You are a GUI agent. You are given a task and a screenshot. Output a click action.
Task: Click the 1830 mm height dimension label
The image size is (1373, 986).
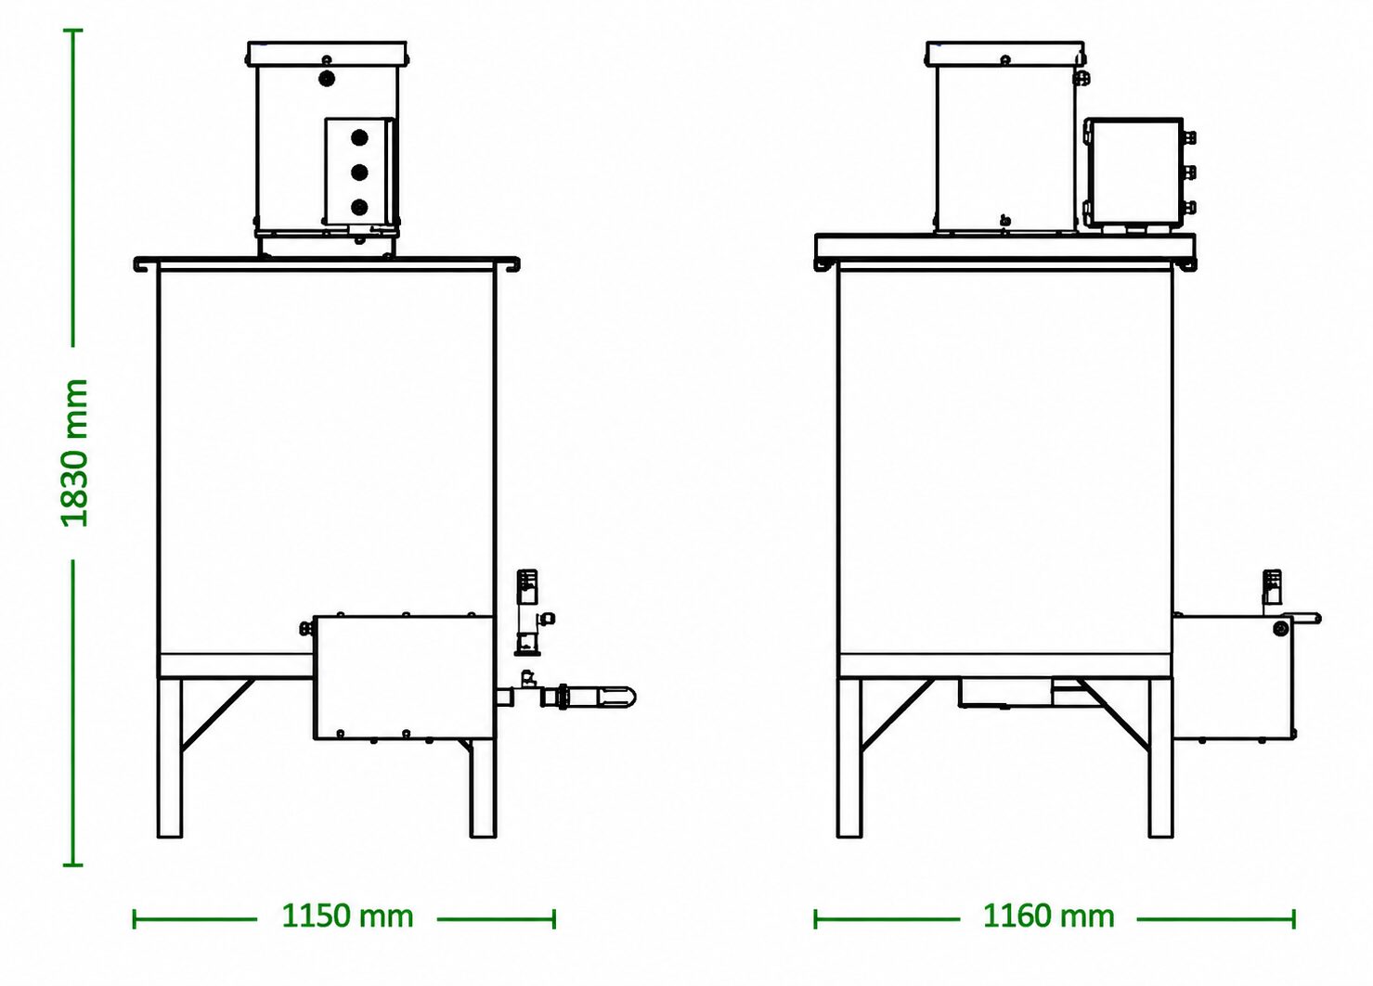pyautogui.click(x=74, y=454)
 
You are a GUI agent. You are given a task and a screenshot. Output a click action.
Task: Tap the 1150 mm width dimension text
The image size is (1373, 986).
pyautogui.click(x=347, y=916)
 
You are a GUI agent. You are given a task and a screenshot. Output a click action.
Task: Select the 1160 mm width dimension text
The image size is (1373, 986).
pyautogui.click(x=1049, y=916)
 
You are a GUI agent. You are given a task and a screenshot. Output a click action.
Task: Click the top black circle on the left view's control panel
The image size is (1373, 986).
pyautogui.click(x=359, y=137)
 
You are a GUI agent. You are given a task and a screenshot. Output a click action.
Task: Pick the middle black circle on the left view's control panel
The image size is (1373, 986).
pyautogui.click(x=359, y=173)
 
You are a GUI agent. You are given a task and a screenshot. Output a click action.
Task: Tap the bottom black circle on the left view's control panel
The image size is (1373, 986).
pyautogui.click(x=359, y=208)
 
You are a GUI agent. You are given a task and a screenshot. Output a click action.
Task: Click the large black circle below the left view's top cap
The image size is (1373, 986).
pyautogui.click(x=328, y=79)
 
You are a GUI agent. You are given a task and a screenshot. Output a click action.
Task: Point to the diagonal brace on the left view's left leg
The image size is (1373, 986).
pyautogui.click(x=217, y=715)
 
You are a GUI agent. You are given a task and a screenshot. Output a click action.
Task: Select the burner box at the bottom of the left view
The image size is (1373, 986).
pyautogui.click(x=403, y=677)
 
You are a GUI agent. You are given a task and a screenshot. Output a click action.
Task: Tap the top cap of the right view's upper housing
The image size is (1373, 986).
pyautogui.click(x=1005, y=54)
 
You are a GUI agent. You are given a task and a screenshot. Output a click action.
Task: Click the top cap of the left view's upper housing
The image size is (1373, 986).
pyautogui.click(x=328, y=54)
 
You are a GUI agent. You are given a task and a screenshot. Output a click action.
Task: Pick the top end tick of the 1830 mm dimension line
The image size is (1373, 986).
pyautogui.click(x=73, y=30)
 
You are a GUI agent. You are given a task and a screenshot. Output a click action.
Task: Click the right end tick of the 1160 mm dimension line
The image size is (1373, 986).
pyautogui.click(x=1294, y=918)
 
